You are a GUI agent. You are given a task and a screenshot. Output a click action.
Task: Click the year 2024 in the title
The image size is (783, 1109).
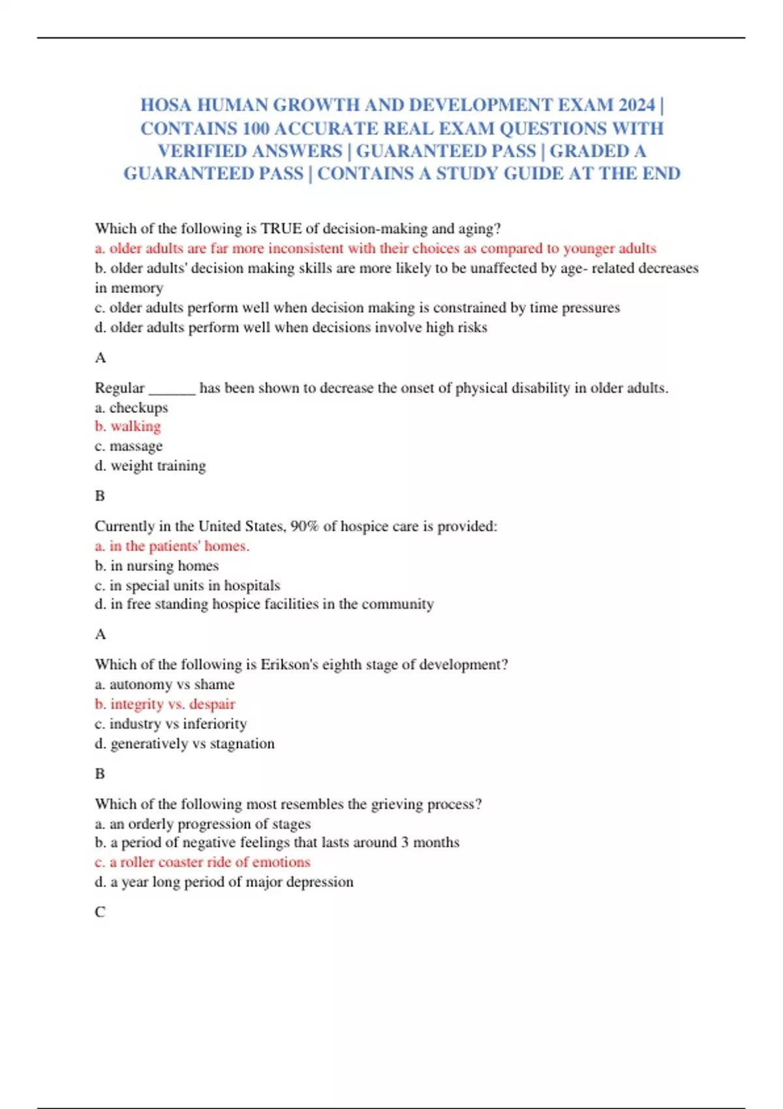pos(636,105)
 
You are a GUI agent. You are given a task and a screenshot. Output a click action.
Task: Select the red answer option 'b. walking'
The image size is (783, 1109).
pos(128,426)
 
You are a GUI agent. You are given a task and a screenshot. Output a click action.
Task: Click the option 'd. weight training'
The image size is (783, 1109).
pos(150,466)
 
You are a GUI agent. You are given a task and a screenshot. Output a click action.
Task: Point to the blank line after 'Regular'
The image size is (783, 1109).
pos(172,389)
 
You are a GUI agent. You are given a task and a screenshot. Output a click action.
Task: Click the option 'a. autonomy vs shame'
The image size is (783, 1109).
pos(164,684)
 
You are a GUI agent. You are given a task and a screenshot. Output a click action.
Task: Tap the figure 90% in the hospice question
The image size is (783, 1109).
pos(304,526)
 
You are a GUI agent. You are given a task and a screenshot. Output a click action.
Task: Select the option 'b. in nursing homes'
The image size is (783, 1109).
pos(157,566)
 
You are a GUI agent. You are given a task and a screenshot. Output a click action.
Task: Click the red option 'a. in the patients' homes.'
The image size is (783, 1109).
pos(172,546)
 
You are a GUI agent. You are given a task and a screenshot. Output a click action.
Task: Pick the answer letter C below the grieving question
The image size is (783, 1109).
pos(100,912)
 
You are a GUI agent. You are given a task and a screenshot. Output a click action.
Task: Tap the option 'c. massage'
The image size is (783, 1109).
pos(129,446)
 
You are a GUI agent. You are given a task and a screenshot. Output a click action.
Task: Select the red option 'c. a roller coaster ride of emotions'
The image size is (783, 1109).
pos(202,862)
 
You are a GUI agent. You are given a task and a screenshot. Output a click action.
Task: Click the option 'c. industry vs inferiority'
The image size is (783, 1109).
pos(171,723)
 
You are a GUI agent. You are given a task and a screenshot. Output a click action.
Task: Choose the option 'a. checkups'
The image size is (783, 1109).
pos(131,408)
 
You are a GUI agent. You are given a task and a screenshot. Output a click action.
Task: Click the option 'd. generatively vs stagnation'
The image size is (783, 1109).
pos(185,744)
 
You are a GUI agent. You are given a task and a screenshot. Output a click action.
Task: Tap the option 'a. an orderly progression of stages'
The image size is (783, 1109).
pos(202,824)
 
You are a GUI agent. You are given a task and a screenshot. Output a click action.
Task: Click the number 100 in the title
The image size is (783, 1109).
pos(256,129)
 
